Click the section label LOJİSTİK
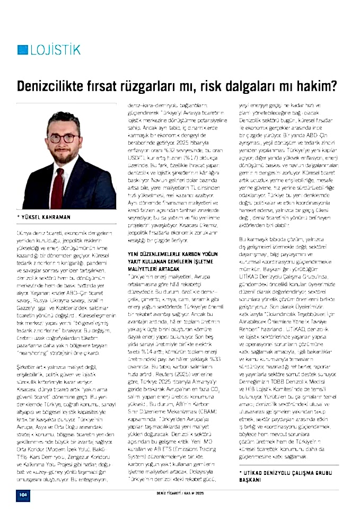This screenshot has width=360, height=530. [56, 50]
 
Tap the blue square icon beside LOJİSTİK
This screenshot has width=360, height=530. [22, 50]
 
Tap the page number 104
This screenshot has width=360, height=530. [22, 493]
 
